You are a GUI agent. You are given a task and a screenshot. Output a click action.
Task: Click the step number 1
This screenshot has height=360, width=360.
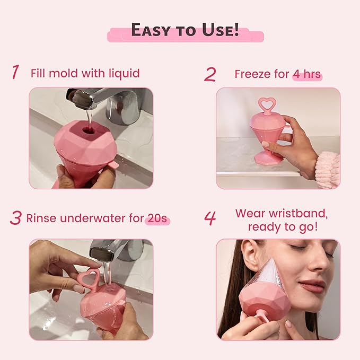(x=15, y=73)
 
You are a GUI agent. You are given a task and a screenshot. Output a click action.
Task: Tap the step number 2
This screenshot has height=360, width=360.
(x=210, y=74)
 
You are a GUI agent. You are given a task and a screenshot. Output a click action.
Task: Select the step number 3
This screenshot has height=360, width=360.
(x=15, y=218)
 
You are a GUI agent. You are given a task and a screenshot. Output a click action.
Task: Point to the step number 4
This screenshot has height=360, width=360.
(x=210, y=218)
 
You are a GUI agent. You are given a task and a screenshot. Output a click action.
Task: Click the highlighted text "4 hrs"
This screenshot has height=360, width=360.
(x=308, y=74)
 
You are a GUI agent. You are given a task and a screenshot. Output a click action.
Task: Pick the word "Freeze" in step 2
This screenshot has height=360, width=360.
(x=254, y=74)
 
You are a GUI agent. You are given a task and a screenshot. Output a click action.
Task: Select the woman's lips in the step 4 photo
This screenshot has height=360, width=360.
(x=312, y=286)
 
